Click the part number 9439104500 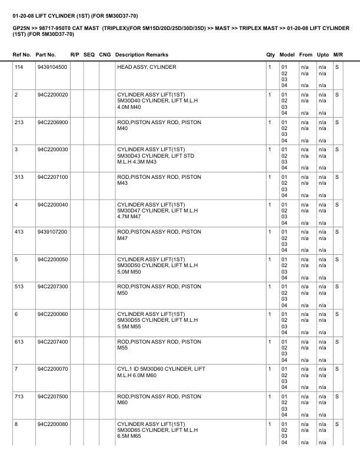tap(52, 67)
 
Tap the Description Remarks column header tap(141, 55)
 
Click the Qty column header tap(271, 55)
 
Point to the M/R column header tap(338, 55)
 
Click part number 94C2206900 tap(52, 122)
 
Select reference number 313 tap(19, 177)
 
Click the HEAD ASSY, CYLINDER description tap(146, 67)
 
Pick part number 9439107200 tap(52, 231)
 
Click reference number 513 tap(19, 286)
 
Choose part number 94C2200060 tap(52, 314)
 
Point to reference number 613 tap(19, 341)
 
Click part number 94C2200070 tap(52, 368)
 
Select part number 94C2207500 tap(52, 396)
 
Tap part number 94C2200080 tap(52, 423)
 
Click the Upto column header tap(323, 55)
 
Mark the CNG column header tap(105, 55)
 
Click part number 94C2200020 tap(52, 94)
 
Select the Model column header tap(287, 55)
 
